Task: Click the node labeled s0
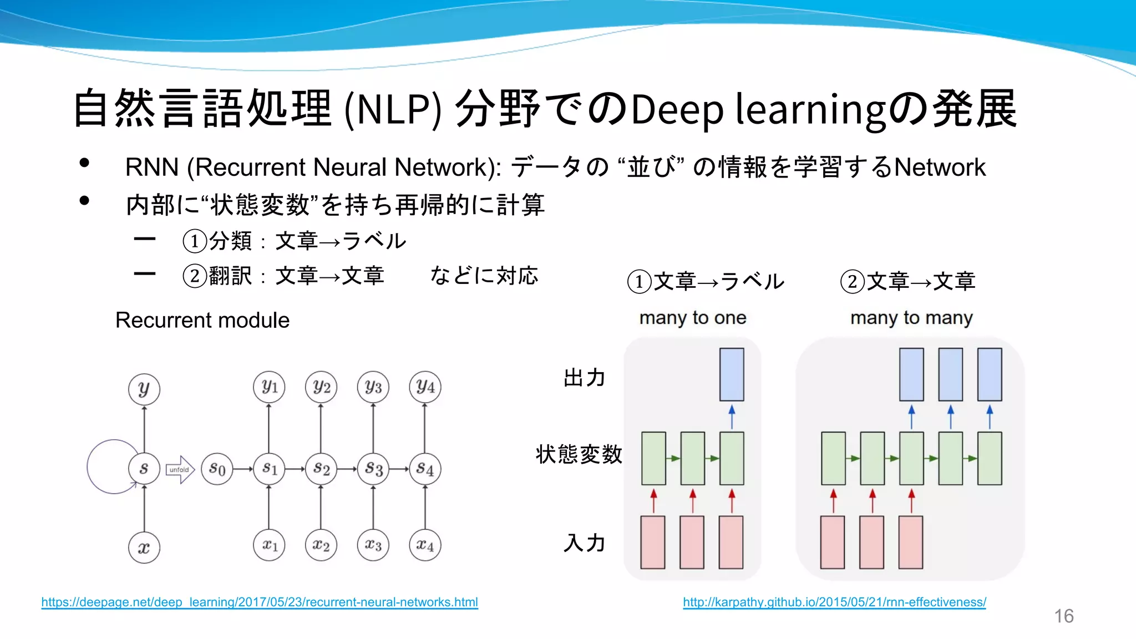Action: pyautogui.click(x=217, y=469)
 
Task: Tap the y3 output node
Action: pyautogui.click(x=373, y=387)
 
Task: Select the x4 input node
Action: pyautogui.click(x=425, y=545)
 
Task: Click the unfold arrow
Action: pyautogui.click(x=180, y=469)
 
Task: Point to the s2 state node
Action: pyautogui.click(x=321, y=469)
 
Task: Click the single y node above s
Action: pyautogui.click(x=144, y=389)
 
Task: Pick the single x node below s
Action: pyautogui.click(x=144, y=548)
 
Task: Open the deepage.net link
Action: pyautogui.click(x=259, y=602)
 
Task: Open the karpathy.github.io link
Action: pyautogui.click(x=834, y=602)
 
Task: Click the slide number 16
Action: pyautogui.click(x=1063, y=616)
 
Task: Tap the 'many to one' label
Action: pyautogui.click(x=692, y=318)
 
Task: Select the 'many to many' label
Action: pyautogui.click(x=911, y=318)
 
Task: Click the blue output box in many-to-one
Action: pyautogui.click(x=732, y=374)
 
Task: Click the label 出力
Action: pyautogui.click(x=584, y=378)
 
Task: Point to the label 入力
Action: pyautogui.click(x=584, y=542)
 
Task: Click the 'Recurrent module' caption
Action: pyautogui.click(x=202, y=320)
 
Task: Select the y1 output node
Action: pyautogui.click(x=269, y=387)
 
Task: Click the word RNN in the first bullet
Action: pyautogui.click(x=151, y=168)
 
